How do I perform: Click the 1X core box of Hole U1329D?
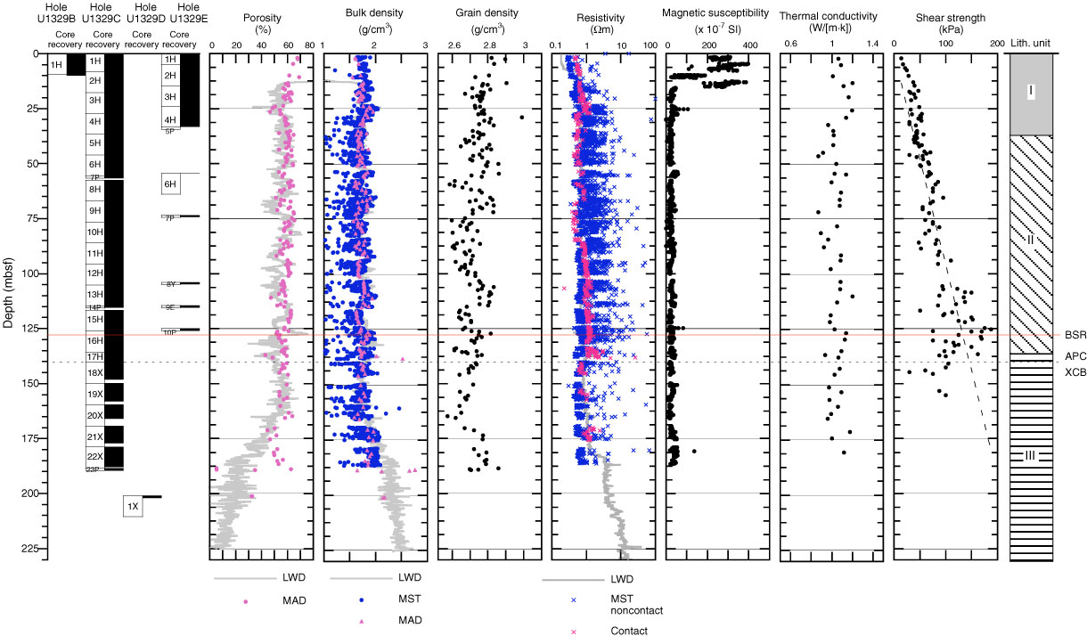[133, 507]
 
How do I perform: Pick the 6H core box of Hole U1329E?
[171, 184]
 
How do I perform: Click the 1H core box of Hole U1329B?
[55, 64]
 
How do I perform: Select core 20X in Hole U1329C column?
[94, 415]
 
